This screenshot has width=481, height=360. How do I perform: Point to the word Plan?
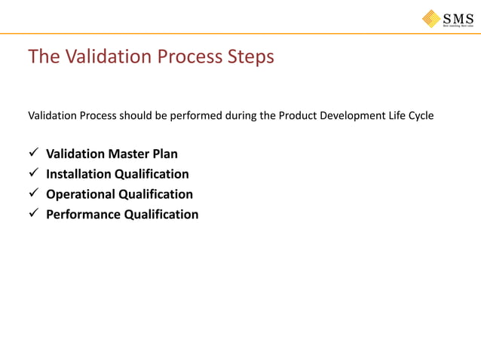click(164, 154)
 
